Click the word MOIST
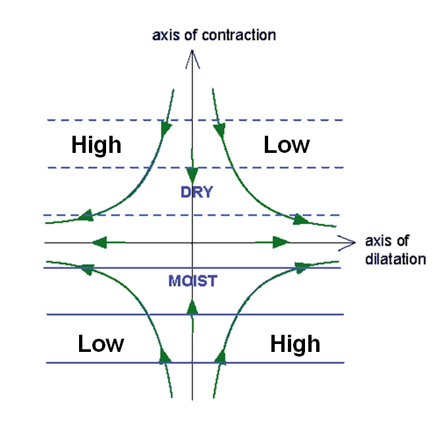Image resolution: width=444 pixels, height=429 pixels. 192,281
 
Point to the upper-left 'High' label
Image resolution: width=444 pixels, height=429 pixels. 96,144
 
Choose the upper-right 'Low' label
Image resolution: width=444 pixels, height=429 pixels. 287,144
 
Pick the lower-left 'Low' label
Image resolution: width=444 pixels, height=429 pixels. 101,343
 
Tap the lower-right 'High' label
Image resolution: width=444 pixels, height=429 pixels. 295,343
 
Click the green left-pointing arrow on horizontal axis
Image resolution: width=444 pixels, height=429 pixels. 99,243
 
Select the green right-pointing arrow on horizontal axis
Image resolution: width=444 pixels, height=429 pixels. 282,243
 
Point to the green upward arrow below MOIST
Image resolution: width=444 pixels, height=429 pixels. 192,306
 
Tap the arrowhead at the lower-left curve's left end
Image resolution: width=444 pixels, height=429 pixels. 84,268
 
